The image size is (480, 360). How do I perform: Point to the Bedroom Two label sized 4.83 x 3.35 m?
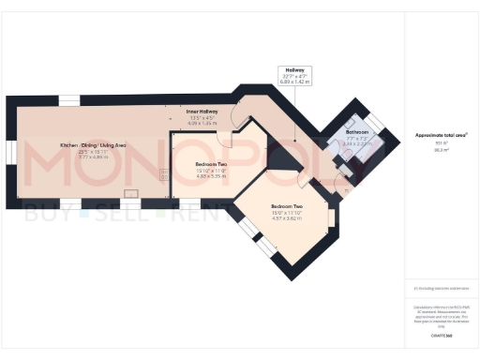(211, 163)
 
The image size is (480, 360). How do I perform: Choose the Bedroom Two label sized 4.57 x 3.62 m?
(286, 206)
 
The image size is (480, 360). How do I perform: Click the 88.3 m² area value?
(437, 150)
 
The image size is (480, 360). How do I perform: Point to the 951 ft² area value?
(437, 144)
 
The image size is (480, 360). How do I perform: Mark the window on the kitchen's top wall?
(70, 98)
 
